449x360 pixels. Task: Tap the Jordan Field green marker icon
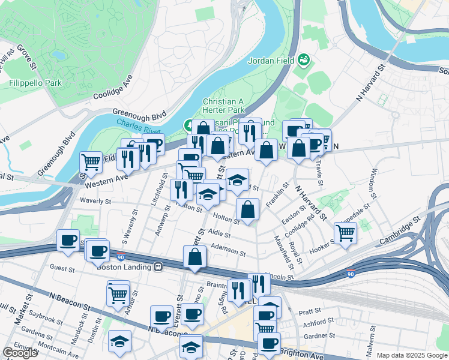coord(304,59)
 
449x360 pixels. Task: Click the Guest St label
coord(62,268)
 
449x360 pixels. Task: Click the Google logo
coord(20,353)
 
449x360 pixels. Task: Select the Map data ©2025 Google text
coord(411,355)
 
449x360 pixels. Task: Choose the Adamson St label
coord(229,250)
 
